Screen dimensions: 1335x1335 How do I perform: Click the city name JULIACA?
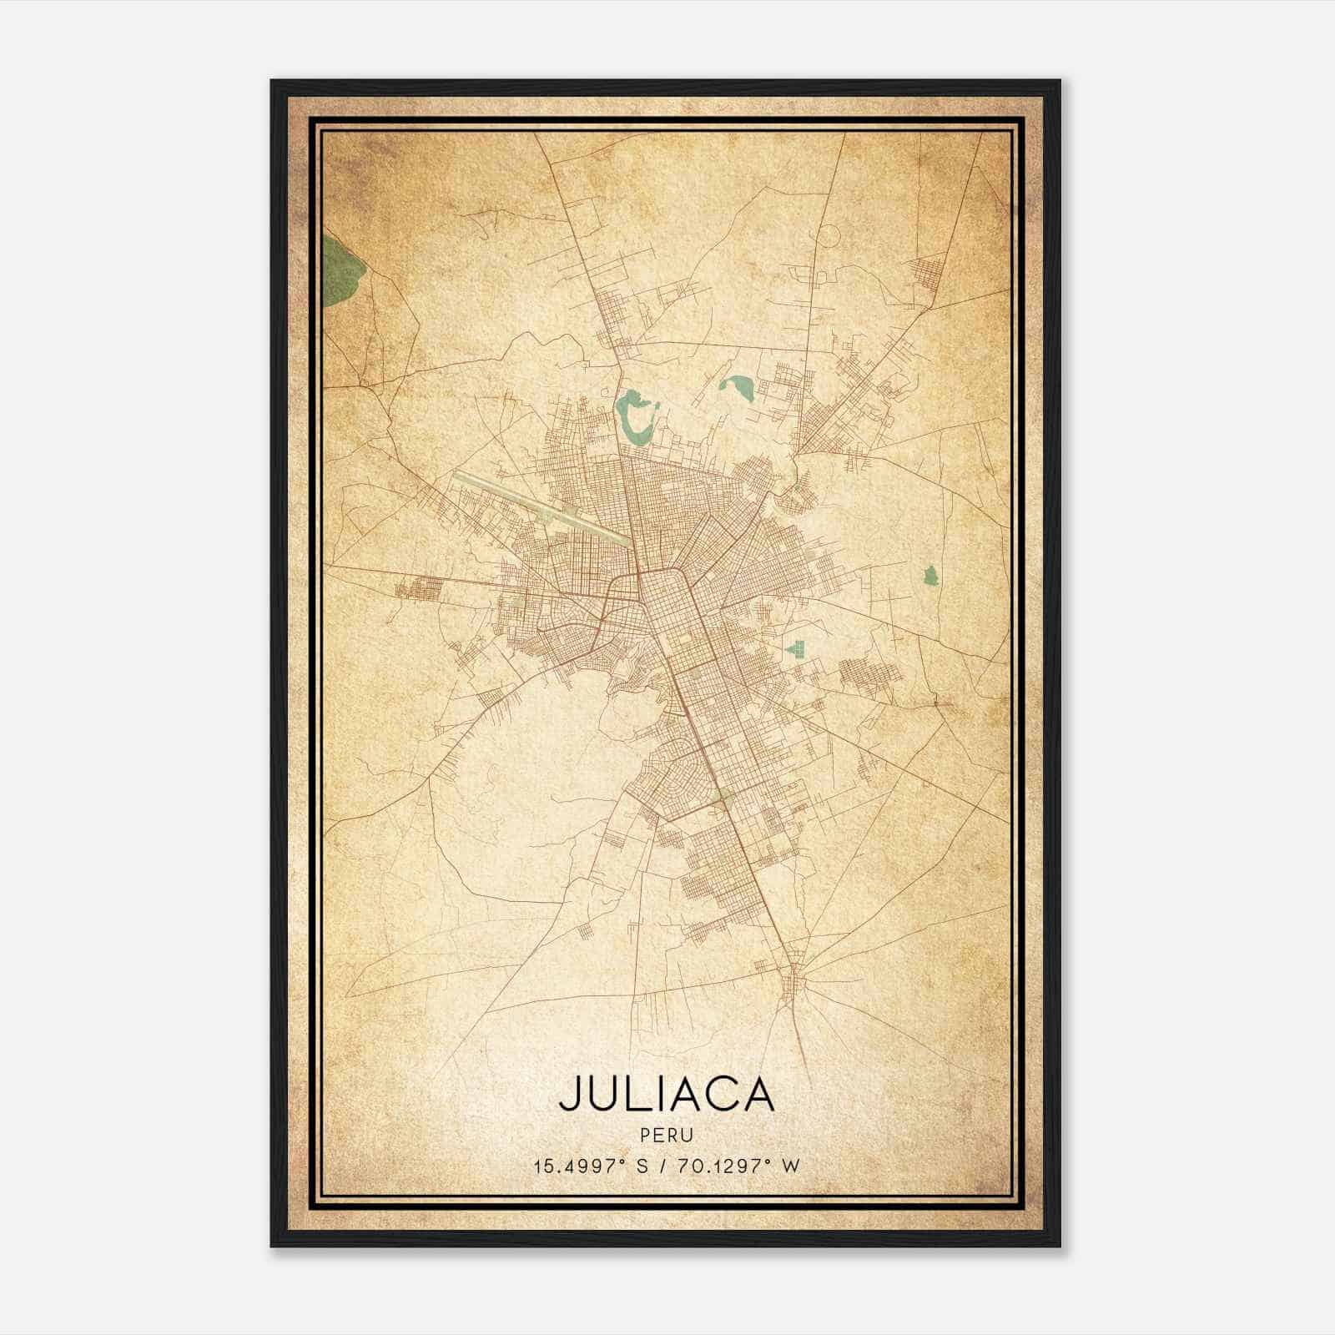[x=667, y=1094]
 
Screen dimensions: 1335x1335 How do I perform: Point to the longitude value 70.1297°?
[x=718, y=1166]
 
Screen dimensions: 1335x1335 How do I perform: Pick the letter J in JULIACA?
[x=569, y=1095]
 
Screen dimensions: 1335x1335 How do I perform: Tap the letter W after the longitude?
[x=791, y=1166]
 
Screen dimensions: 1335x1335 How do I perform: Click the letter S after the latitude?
[x=642, y=1166]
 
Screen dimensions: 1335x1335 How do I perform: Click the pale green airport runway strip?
[x=542, y=507]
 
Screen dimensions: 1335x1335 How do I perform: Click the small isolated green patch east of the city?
[x=929, y=575]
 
